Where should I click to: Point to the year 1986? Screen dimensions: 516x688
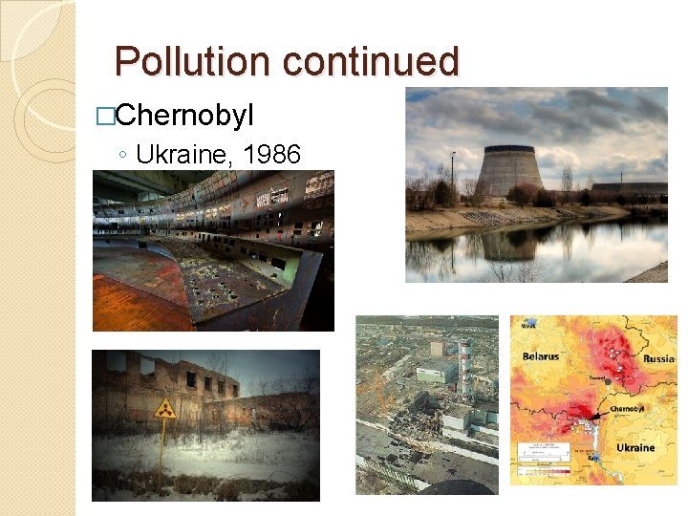click(272, 153)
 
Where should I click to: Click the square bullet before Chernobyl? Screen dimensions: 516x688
click(105, 118)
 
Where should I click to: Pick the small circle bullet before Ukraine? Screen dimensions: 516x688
click(125, 155)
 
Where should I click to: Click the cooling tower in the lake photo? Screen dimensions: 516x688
click(508, 171)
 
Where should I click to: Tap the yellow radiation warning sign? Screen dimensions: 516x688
click(165, 409)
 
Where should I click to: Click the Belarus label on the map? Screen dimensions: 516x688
click(541, 357)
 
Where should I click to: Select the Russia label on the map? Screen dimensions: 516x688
click(658, 360)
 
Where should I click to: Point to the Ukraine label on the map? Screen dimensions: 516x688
click(635, 447)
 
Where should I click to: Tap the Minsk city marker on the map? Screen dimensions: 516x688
click(527, 325)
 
